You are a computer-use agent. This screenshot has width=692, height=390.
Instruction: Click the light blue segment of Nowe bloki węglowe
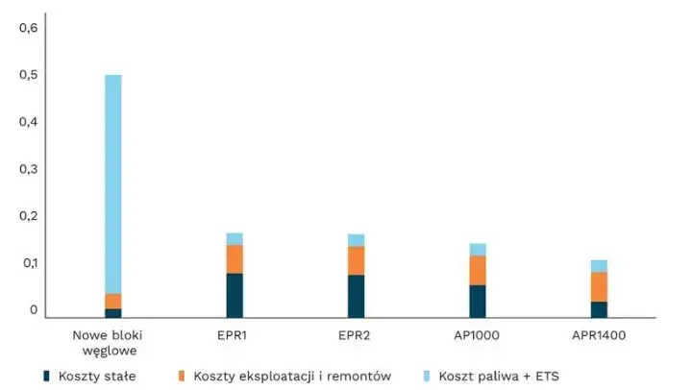113,183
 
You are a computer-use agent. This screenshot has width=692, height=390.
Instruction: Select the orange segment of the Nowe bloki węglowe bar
113,301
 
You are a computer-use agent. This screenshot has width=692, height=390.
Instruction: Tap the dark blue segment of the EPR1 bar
235,295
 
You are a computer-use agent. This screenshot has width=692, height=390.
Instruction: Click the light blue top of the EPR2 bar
357,240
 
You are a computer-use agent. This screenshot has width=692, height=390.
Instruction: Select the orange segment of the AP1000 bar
478,270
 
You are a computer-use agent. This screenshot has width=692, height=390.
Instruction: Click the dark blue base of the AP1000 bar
478,301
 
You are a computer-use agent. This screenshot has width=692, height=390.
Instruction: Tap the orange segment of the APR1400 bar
599,286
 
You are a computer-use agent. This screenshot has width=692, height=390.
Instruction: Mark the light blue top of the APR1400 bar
599,266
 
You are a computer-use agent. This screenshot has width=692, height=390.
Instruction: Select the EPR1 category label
235,334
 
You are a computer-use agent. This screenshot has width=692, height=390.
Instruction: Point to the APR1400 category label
599,334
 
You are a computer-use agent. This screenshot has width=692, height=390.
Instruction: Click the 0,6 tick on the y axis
28,27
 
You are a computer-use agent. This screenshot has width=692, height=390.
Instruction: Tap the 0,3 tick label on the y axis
28,169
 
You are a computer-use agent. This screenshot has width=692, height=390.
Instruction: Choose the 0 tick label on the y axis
33,310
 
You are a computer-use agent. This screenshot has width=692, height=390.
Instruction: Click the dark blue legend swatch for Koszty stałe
45,376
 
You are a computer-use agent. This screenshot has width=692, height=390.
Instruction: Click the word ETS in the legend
544,376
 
